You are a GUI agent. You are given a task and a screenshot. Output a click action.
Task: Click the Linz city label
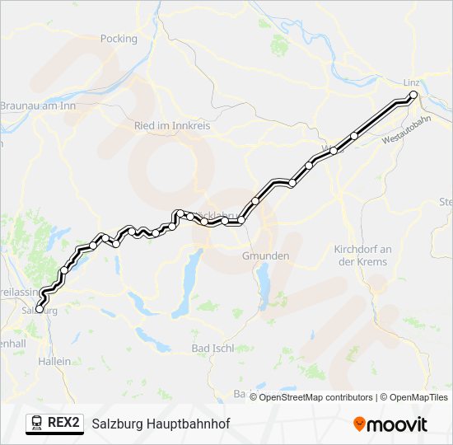411,83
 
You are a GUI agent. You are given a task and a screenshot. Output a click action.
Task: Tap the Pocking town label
118,38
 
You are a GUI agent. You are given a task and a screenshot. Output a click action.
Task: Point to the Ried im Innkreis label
172,126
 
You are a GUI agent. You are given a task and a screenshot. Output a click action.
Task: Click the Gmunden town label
265,256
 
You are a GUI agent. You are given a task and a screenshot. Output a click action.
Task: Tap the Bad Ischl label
212,349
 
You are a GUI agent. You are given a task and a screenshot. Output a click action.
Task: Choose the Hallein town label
54,361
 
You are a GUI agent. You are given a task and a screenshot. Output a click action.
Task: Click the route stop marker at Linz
413,96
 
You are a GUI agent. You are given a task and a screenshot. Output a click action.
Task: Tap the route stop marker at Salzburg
40,310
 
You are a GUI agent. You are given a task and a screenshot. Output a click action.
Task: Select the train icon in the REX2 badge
37,423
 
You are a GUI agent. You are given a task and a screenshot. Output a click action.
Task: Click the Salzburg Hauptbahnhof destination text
161,424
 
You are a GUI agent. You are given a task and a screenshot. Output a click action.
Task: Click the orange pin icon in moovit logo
359,424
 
